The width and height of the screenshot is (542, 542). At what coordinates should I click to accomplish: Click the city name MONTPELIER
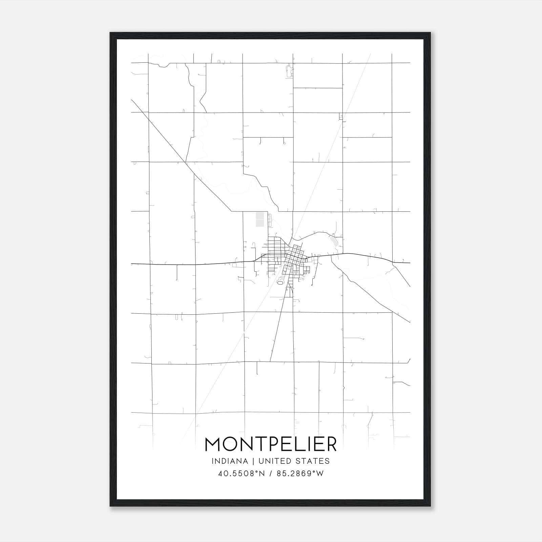271,444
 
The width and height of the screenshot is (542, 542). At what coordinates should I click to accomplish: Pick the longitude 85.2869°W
300,474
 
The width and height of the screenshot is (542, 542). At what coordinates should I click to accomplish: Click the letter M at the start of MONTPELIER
213,444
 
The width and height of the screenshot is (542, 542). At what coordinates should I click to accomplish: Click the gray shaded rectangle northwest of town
260,219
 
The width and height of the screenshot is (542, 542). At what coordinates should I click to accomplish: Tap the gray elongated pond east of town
334,242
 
